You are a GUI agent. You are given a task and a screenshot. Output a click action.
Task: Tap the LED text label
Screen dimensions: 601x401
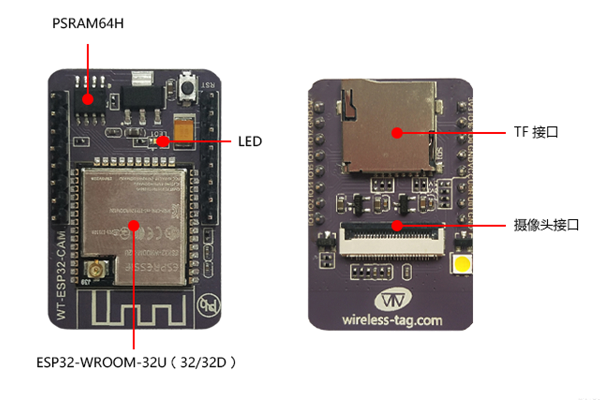(250, 141)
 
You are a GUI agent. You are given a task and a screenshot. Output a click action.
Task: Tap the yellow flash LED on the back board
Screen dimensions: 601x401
(463, 264)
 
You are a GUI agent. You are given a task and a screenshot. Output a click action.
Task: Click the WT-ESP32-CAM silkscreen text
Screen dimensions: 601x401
(61, 275)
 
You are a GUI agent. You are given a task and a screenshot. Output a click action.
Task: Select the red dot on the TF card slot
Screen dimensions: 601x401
(397, 133)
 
